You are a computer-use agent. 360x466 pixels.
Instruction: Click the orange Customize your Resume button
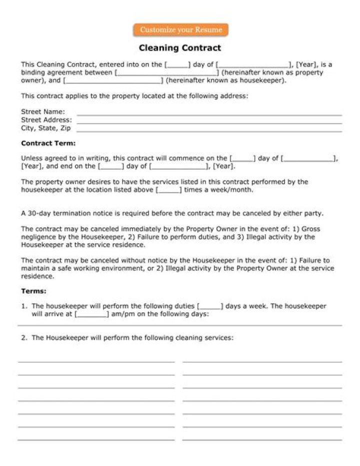tap(180, 30)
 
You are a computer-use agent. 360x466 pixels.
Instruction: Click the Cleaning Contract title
tap(180, 48)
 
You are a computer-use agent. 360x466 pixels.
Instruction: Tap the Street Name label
tap(43, 112)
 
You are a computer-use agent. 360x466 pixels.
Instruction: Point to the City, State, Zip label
tap(46, 128)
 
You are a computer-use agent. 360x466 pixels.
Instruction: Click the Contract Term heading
tap(48, 143)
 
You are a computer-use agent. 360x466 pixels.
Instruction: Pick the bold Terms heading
tap(33, 291)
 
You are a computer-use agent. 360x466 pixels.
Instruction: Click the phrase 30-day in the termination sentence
tap(39, 213)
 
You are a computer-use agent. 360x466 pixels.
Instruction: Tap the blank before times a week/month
tap(169, 190)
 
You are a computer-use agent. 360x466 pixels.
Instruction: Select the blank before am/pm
tap(91, 314)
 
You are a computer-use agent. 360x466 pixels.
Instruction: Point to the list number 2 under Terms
tap(23, 338)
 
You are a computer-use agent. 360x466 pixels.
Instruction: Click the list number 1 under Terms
tap(23, 306)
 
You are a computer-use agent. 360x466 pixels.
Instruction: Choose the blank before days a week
tap(210, 306)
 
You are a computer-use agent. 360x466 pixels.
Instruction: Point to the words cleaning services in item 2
tap(204, 338)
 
